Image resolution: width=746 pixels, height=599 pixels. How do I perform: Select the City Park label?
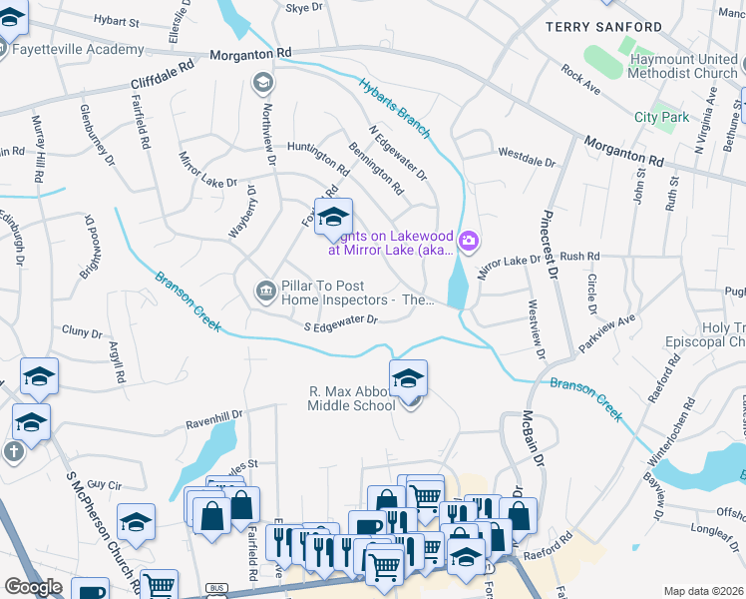click(661, 117)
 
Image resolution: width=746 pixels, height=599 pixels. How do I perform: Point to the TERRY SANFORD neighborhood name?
click(603, 27)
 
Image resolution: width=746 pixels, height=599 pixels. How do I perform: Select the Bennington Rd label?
click(376, 168)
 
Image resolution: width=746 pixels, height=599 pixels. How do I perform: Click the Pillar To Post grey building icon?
click(265, 291)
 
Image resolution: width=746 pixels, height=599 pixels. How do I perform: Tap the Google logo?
click(33, 586)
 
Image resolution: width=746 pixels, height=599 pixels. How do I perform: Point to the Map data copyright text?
click(703, 591)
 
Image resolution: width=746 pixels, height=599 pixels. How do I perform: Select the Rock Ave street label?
click(579, 78)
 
